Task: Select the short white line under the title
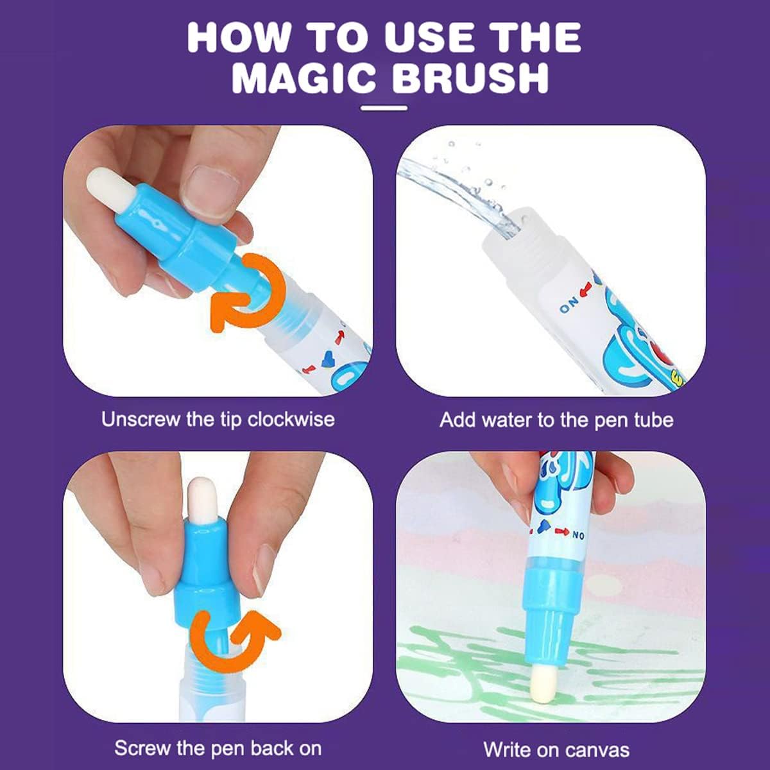(x=384, y=108)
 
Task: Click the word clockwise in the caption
(x=291, y=420)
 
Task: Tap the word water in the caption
(x=506, y=420)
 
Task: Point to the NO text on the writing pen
(x=578, y=535)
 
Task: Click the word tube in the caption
(x=654, y=420)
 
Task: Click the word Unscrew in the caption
(x=141, y=420)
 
